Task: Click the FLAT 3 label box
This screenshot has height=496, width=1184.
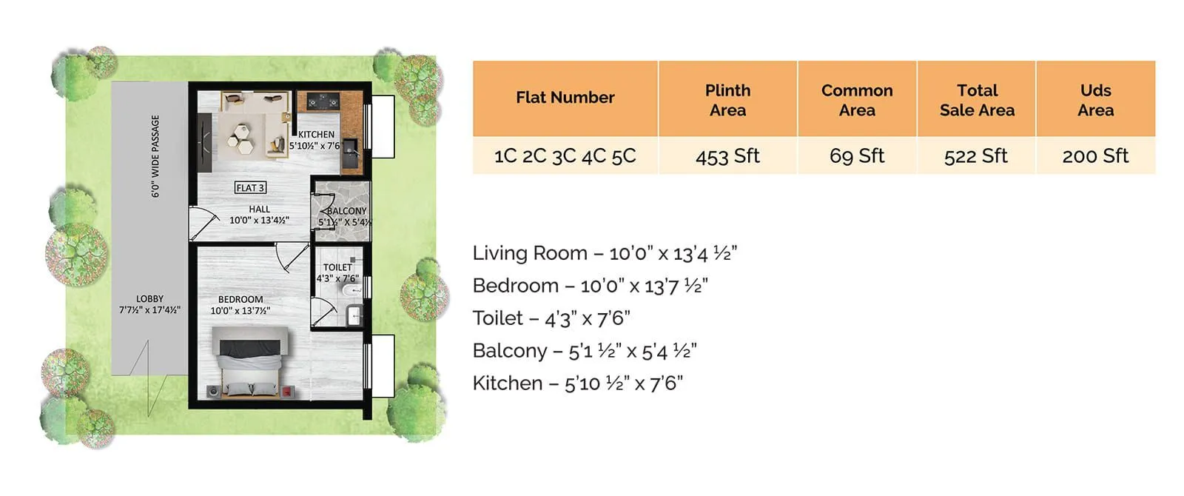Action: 250,188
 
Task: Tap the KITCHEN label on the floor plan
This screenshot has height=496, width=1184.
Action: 316,135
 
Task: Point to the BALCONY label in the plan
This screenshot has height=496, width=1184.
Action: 346,211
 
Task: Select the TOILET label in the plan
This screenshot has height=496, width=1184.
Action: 337,267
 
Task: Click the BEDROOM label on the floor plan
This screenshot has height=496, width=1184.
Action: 240,300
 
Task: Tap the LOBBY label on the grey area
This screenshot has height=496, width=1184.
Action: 149,299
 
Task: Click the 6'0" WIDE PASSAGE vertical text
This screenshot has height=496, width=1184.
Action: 155,156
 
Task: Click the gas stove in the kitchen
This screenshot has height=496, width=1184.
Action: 323,101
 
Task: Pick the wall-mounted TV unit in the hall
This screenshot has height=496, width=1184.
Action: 205,142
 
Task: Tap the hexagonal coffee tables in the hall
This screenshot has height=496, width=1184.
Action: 241,138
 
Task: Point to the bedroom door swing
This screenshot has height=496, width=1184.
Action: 292,256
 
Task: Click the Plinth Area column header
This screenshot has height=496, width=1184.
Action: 727,100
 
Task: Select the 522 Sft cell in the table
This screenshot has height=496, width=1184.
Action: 975,156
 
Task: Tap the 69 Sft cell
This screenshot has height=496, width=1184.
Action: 857,156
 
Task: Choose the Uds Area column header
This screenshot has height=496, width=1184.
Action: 1095,100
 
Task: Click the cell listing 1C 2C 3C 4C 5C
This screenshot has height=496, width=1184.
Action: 565,156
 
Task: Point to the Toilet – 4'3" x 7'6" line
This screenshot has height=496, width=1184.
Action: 551,318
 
